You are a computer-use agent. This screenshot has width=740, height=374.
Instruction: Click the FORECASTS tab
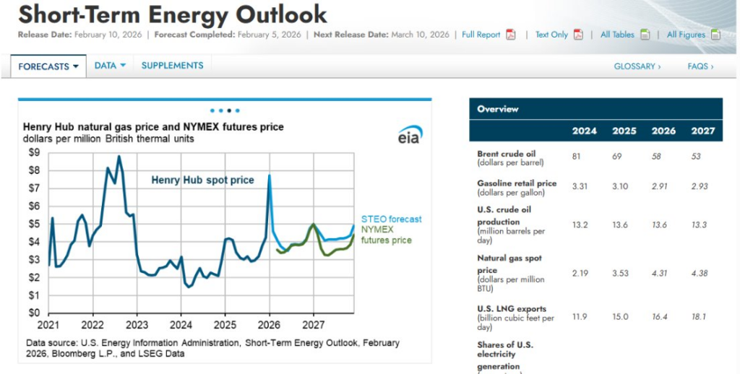point(48,66)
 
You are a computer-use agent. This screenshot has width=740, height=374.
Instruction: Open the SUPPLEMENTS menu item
point(172,66)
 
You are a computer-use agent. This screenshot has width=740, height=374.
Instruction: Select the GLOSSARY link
point(637,66)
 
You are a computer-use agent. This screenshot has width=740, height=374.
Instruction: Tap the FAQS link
point(700,66)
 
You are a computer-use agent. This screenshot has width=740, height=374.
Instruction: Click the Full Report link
point(481,35)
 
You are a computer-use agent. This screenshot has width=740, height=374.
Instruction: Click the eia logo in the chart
point(410,135)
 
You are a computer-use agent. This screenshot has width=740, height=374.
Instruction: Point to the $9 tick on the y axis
point(34,153)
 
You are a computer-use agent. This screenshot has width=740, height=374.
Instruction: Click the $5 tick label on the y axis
point(34,224)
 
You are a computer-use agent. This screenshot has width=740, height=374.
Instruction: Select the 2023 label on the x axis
point(137,326)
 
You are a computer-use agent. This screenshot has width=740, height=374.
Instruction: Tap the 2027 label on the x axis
point(313,326)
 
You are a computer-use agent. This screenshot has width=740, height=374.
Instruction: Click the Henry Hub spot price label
point(202,180)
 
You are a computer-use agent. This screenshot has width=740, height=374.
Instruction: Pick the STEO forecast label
point(391,219)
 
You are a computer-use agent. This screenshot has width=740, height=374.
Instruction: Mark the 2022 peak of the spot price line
point(119,157)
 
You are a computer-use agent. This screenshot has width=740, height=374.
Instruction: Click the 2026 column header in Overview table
point(663,131)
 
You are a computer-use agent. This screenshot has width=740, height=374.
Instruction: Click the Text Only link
point(551,35)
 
